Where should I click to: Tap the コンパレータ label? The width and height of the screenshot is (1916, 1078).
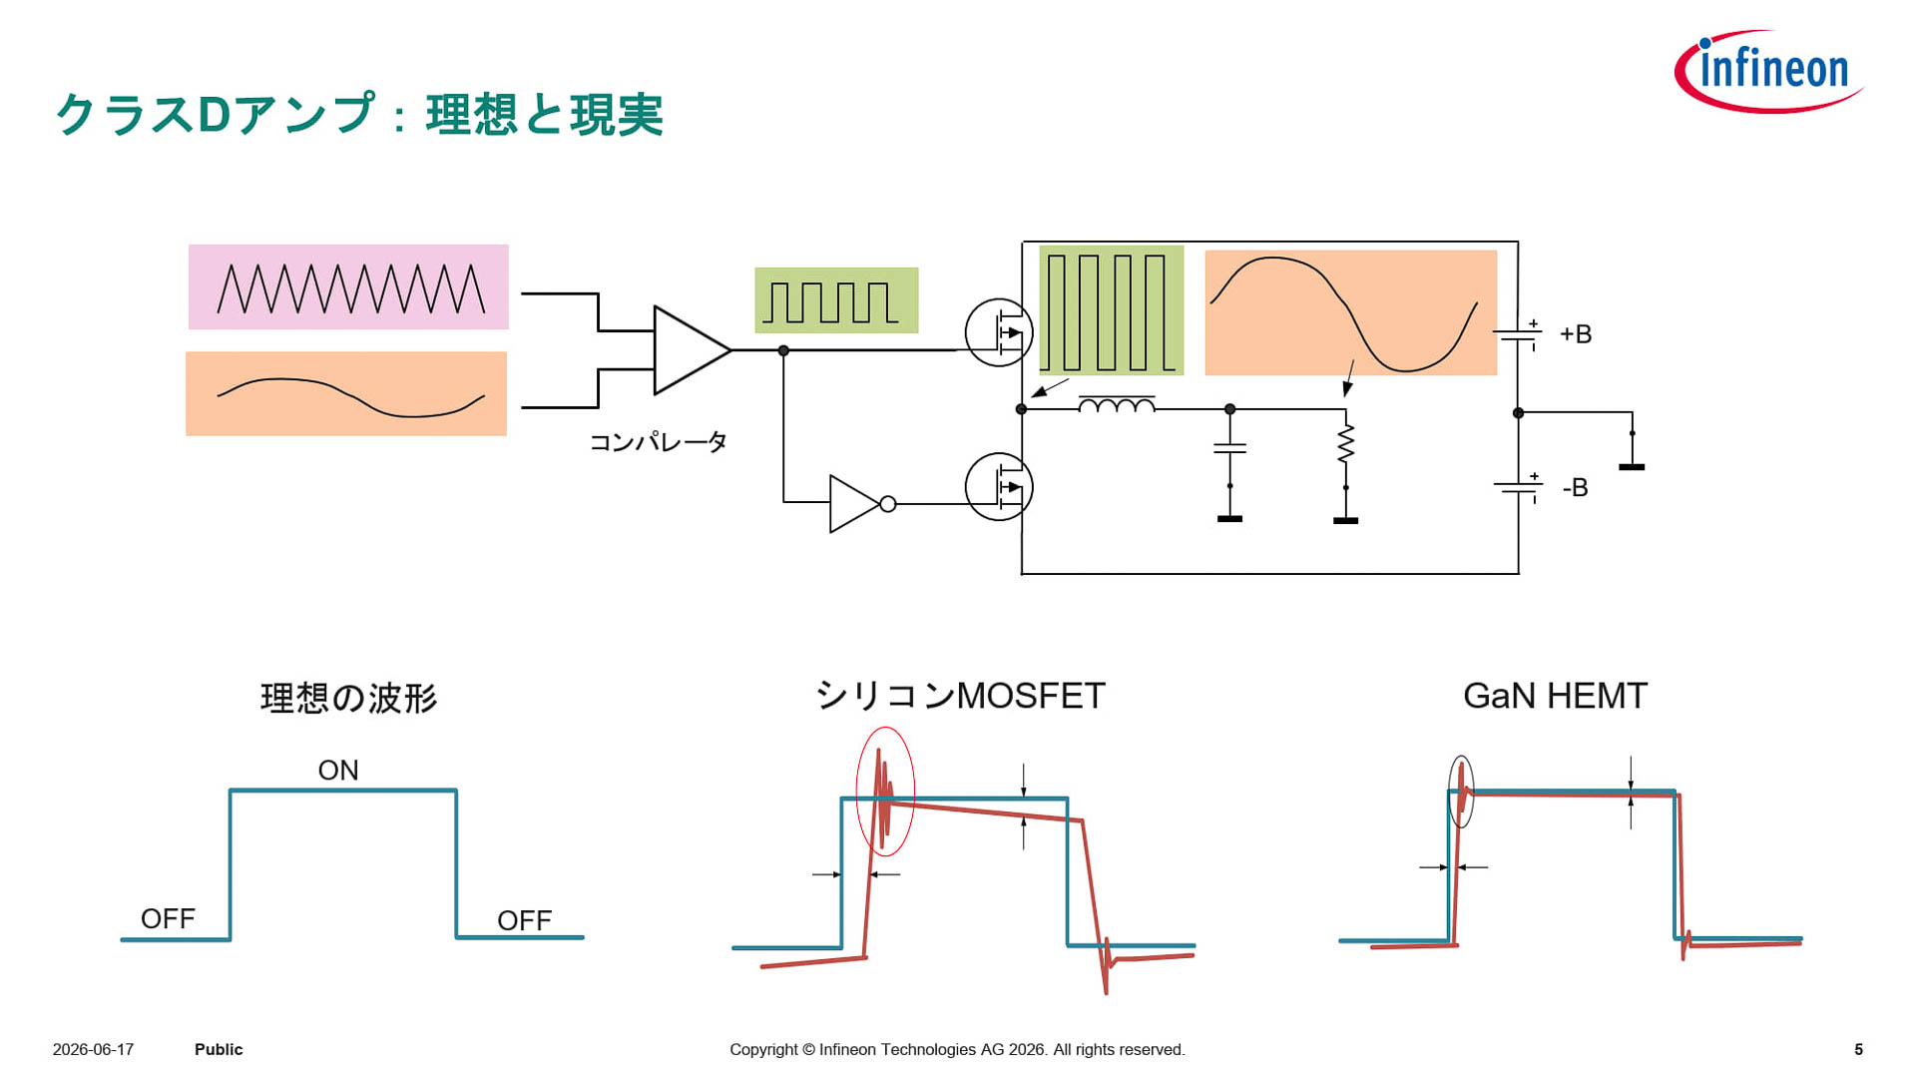click(x=658, y=442)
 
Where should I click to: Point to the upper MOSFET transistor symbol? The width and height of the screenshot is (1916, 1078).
click(x=999, y=332)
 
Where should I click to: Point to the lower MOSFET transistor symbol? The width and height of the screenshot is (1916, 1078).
click(x=999, y=487)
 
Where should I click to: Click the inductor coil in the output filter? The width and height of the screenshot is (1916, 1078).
click(x=1117, y=404)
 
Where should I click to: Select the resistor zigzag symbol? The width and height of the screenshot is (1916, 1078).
click(x=1346, y=442)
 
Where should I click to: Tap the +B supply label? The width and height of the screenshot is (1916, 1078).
click(x=1576, y=334)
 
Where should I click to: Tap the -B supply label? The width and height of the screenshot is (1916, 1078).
click(x=1575, y=488)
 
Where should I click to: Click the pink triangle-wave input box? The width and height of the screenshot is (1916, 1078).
click(x=348, y=287)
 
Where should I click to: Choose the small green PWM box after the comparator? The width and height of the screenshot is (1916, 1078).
click(x=836, y=300)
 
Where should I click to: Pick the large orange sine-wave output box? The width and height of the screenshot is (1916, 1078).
click(x=1351, y=312)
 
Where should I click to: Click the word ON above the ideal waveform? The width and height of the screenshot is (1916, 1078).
click(x=338, y=771)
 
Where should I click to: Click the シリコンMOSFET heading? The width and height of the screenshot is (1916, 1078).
click(x=960, y=696)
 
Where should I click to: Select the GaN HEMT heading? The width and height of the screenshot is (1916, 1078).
click(x=1555, y=696)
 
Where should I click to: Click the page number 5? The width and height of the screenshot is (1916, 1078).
click(x=1859, y=1050)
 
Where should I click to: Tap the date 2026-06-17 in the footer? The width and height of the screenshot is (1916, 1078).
click(x=93, y=1050)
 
